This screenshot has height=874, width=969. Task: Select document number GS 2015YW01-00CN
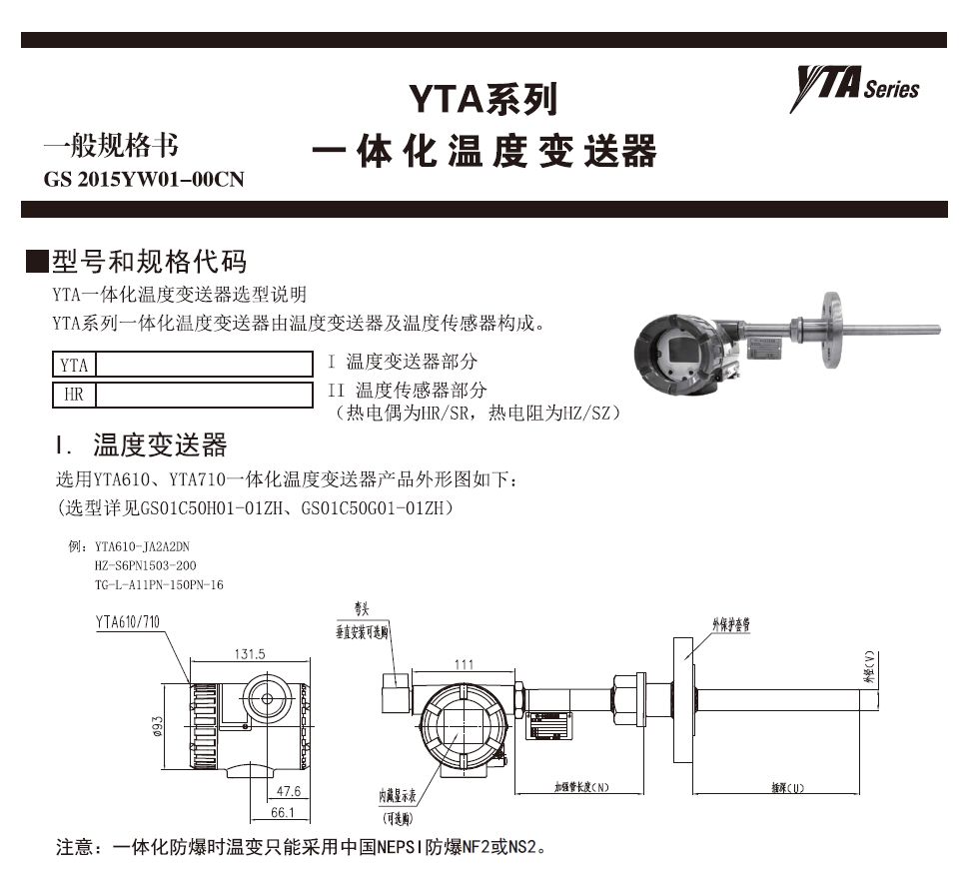[x=144, y=181]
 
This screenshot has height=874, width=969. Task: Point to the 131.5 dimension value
[x=250, y=654]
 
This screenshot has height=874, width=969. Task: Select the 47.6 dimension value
[x=289, y=792]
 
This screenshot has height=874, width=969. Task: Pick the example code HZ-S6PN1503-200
[x=145, y=565]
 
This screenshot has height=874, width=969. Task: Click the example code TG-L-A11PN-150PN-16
[x=159, y=583]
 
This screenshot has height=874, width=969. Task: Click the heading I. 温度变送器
[x=145, y=444]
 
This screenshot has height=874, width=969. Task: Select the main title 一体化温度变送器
[x=484, y=153]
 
